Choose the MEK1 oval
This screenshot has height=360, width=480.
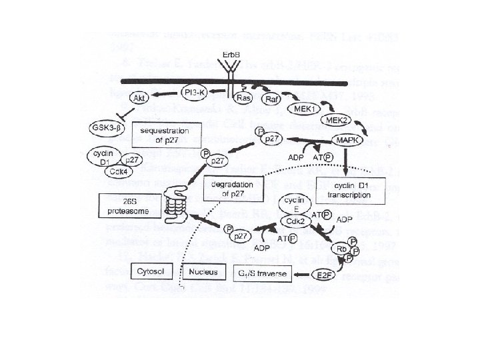[305, 108]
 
